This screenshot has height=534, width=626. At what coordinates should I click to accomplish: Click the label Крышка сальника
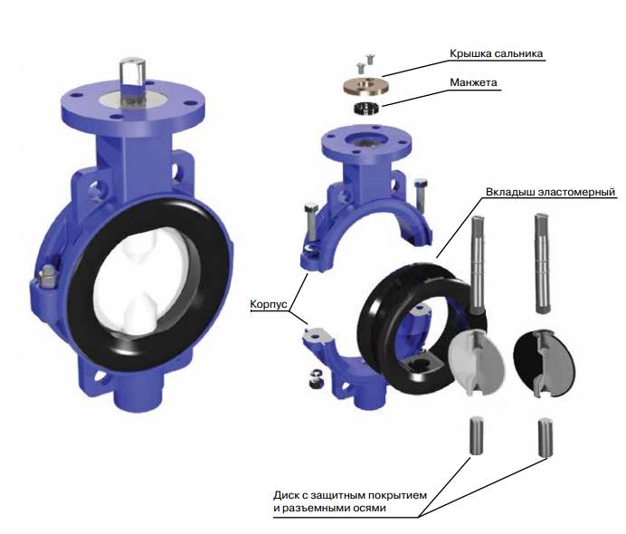tap(497, 53)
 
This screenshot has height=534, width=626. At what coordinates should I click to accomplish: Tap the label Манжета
tap(473, 82)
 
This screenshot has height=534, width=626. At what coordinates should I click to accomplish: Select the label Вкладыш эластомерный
tap(551, 192)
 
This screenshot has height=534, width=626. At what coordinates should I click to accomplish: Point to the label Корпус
tap(269, 304)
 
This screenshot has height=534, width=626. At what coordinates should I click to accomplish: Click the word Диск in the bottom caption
tap(286, 496)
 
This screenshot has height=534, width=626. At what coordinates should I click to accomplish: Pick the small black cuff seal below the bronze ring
tap(367, 109)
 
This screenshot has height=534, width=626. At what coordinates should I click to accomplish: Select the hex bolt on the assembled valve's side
tap(47, 276)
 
